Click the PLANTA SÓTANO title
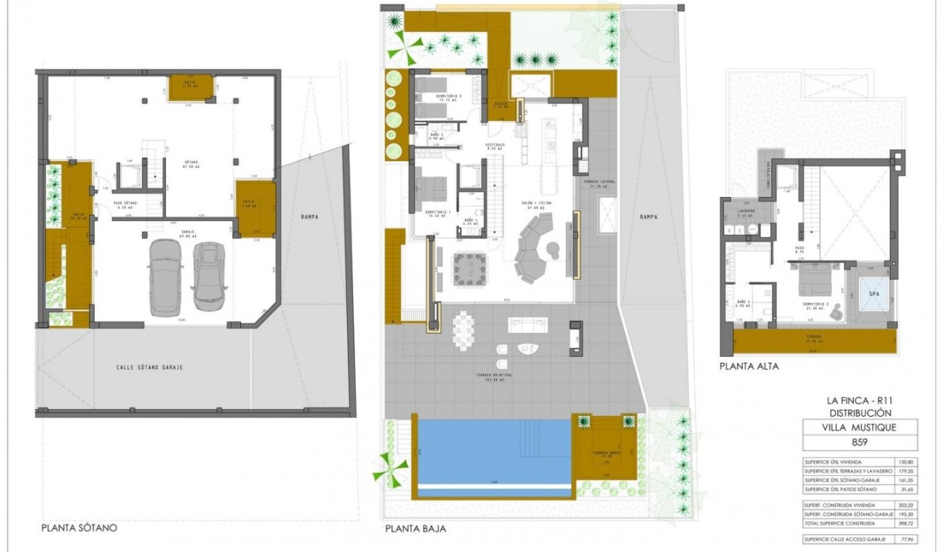click(x=79, y=527)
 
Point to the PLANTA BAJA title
click(x=415, y=528)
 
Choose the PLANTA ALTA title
click(x=748, y=366)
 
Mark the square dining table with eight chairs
click(x=469, y=268)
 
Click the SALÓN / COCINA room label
click(x=535, y=204)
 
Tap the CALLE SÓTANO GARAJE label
click(x=149, y=367)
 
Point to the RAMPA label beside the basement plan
click(x=309, y=217)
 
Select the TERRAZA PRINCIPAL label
click(x=493, y=377)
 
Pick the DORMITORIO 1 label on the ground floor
click(x=437, y=212)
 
